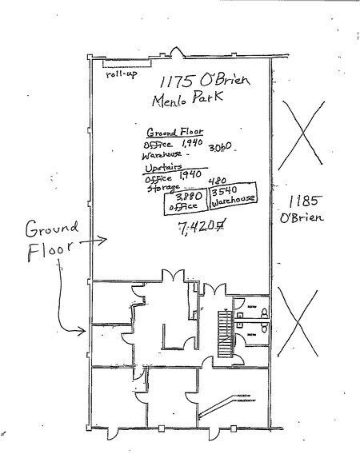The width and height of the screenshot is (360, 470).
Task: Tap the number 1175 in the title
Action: coord(174,81)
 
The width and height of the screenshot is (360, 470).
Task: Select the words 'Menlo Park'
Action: coord(186,101)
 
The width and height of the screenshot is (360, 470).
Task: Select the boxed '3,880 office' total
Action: coord(181,201)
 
